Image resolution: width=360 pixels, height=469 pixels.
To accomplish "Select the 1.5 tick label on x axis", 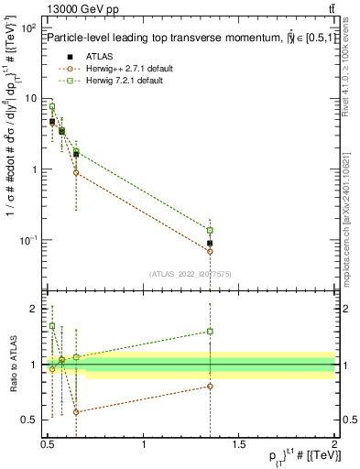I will pos(239,446).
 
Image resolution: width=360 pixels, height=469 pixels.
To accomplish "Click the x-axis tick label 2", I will pos(334,446).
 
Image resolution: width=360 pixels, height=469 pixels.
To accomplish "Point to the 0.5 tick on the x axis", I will pos(49,446).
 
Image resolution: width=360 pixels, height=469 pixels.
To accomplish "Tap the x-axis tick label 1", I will pos(144,446).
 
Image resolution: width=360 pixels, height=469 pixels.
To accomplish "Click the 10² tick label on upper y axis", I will pos(29,28).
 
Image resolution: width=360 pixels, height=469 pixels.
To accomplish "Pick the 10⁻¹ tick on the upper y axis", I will pos(29,240).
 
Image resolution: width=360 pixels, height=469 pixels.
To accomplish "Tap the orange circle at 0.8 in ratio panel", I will pos(210,386).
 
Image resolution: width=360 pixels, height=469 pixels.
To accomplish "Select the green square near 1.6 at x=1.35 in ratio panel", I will pos(210,332).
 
